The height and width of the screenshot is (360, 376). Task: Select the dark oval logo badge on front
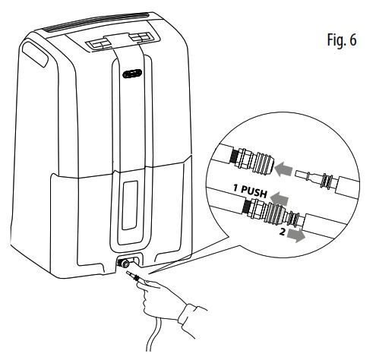[x=134, y=74]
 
